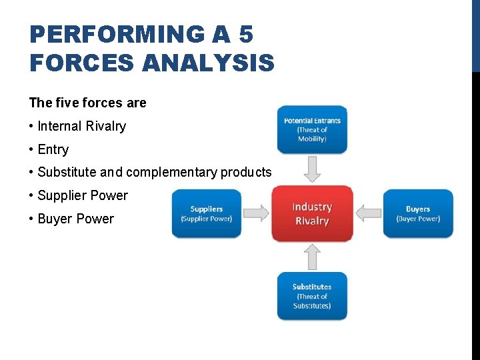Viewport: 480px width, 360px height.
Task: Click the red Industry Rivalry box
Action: click(x=312, y=213)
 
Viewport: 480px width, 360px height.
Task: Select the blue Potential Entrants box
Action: click(x=312, y=129)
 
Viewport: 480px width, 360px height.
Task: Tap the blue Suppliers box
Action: click(x=206, y=213)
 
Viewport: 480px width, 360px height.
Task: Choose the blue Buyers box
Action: click(x=418, y=213)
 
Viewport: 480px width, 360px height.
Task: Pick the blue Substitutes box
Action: click(x=312, y=296)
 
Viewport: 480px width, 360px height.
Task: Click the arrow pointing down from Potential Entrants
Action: click(x=312, y=169)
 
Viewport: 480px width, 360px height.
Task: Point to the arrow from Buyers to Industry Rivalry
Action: click(x=368, y=213)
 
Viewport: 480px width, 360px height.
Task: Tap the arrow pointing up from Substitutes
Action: click(x=312, y=257)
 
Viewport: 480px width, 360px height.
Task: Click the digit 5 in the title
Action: click(x=245, y=33)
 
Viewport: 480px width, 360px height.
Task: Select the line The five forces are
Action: click(x=87, y=103)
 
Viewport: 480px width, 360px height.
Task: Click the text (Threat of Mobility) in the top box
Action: click(x=312, y=135)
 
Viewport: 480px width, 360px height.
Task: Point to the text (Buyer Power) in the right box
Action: click(x=418, y=219)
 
